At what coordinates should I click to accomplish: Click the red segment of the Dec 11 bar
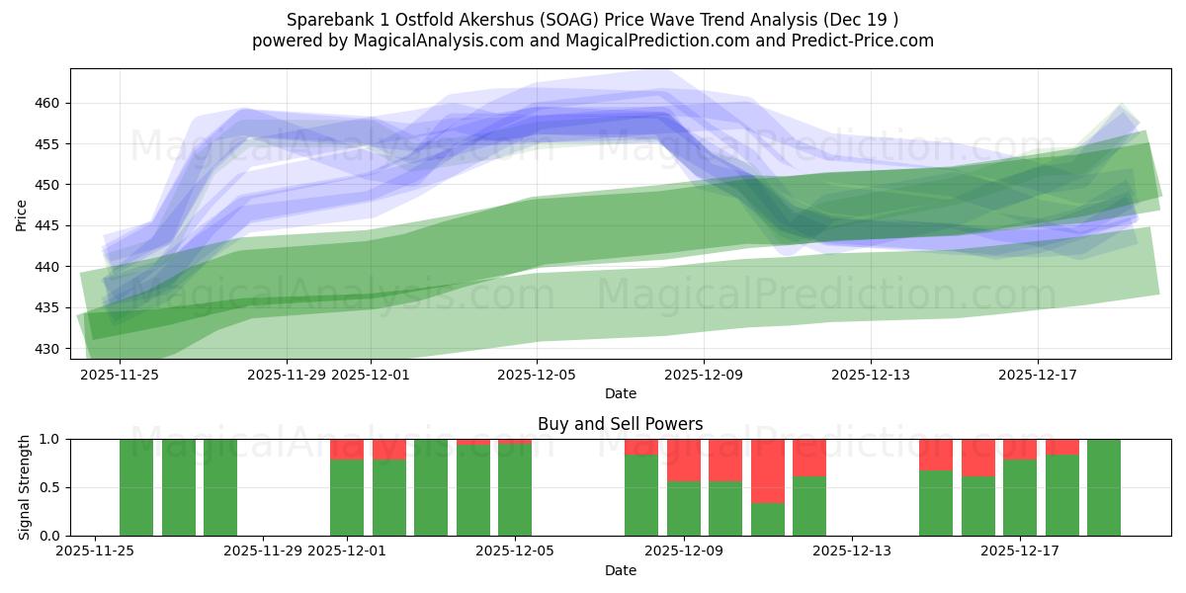768,470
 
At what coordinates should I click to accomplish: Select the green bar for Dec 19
1104,487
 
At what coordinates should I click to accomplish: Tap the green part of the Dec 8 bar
641,495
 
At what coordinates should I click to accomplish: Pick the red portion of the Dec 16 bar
978,458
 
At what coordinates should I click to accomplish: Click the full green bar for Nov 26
136,487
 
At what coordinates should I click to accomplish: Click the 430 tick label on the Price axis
47,349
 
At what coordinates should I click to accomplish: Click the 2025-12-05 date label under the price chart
537,375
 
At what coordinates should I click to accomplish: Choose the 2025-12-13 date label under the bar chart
852,551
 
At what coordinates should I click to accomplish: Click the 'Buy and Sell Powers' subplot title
620,424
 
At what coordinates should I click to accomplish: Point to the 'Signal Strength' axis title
26,487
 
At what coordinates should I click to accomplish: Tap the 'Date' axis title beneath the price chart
620,393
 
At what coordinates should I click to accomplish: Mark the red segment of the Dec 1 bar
347,450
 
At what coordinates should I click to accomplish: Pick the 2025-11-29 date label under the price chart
287,375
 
